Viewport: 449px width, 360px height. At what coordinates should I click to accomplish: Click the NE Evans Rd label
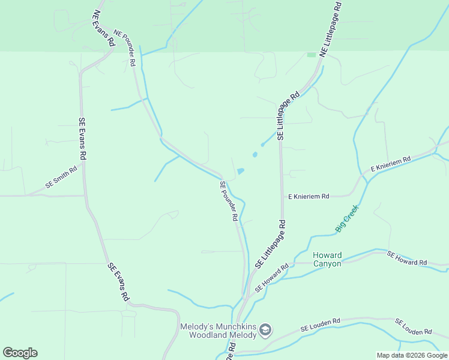tap(103, 28)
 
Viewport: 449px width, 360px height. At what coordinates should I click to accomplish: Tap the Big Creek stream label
tap(347, 218)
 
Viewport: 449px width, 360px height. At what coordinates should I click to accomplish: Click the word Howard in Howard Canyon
tap(327, 255)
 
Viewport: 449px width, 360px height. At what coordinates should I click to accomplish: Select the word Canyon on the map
tap(327, 263)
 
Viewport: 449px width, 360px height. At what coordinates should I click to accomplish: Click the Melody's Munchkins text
tap(218, 326)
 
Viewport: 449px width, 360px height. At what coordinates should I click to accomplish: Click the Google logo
tap(20, 353)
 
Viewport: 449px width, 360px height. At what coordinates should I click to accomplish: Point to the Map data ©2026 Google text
tap(412, 355)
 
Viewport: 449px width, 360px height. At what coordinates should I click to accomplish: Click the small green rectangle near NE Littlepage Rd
tap(311, 55)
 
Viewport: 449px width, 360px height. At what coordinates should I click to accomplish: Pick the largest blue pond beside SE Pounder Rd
tap(241, 171)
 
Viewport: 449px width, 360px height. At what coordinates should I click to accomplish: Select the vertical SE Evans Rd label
tap(83, 138)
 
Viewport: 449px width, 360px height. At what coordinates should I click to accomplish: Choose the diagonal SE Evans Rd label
tap(119, 281)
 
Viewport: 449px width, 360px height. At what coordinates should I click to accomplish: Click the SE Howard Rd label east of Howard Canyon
tap(407, 259)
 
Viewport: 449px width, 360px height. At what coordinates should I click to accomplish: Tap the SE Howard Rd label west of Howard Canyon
tap(272, 277)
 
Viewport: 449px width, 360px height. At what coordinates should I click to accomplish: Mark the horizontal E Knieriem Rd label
tap(309, 196)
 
